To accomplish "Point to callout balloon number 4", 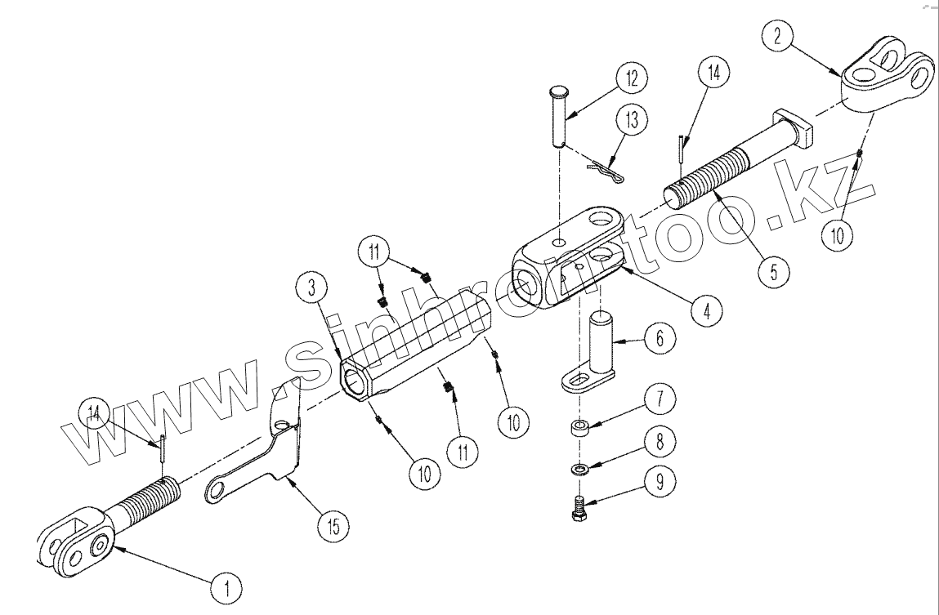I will (707, 310).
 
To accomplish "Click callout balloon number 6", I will (659, 338).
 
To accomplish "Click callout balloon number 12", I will (631, 79).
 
